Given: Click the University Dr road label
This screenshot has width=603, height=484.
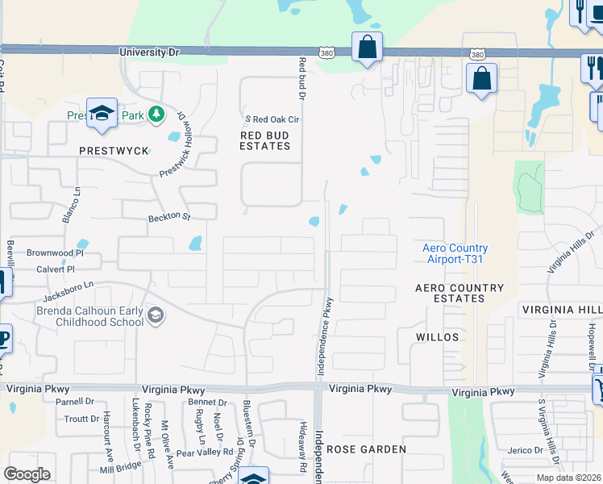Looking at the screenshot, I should [149, 52].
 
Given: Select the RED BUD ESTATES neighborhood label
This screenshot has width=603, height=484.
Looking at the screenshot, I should [265, 140].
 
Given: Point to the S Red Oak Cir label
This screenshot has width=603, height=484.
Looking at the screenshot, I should [272, 119].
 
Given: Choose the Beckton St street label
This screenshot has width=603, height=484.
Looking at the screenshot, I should [168, 217].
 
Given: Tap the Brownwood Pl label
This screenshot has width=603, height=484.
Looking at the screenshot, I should [55, 252].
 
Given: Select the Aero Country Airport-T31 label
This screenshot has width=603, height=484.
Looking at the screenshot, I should [455, 253].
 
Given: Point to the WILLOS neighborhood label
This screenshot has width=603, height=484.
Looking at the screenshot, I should [438, 337].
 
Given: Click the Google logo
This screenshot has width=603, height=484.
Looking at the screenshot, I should [27, 474].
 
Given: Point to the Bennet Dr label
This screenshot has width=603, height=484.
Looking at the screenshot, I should [207, 402].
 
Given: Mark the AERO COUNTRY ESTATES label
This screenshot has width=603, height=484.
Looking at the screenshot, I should [460, 293].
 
